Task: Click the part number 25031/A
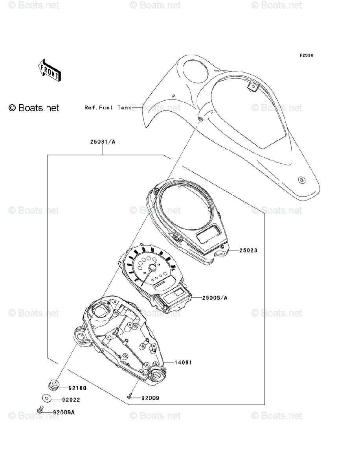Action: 102,142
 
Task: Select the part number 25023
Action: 247,250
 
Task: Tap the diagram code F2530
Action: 306,55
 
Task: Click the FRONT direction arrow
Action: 49,70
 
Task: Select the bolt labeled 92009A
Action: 39,410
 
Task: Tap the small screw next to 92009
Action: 129,398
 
